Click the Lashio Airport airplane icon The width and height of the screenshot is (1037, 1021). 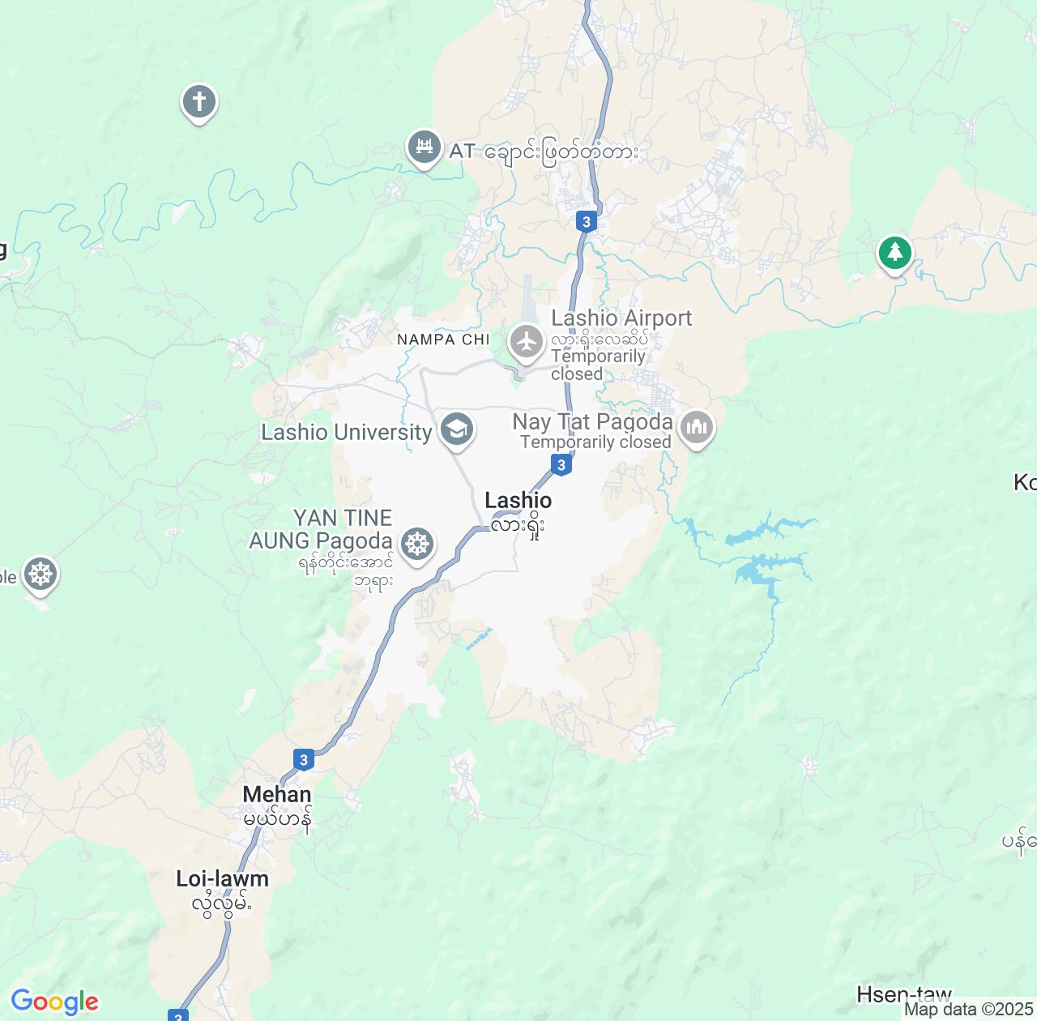[x=527, y=341]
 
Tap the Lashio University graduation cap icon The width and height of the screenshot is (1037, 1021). [x=457, y=429]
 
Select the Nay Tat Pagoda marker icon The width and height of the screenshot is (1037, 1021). [x=696, y=428]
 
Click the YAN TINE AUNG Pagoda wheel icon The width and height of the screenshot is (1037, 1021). [x=417, y=543]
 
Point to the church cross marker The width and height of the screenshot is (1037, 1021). [x=198, y=102]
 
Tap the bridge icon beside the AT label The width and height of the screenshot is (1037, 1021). [x=424, y=147]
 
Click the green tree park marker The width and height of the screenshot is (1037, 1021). [x=894, y=253]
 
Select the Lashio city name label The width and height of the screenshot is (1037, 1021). [x=518, y=501]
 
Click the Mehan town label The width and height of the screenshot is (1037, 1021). [x=277, y=794]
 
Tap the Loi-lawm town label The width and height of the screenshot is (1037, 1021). [x=222, y=878]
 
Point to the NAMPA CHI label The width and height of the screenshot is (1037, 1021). [x=443, y=340]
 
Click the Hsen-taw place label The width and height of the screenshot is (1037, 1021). [x=904, y=993]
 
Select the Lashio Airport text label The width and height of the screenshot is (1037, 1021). [x=621, y=318]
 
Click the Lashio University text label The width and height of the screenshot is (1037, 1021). [x=347, y=432]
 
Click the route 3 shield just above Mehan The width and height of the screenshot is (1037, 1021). [x=304, y=759]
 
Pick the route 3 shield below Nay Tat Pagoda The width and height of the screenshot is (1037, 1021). [x=561, y=464]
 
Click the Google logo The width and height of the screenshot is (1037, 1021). [x=54, y=1002]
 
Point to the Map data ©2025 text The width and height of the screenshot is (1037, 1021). [x=969, y=1010]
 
